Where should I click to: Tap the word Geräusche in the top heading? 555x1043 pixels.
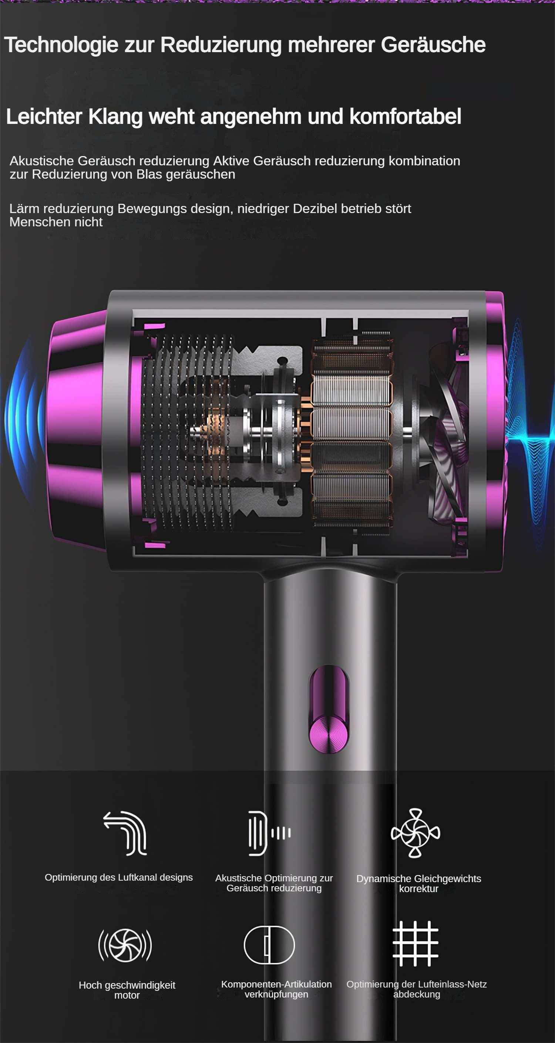[433, 44]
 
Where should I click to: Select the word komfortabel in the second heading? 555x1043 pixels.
[405, 117]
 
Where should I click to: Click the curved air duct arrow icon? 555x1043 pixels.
[125, 833]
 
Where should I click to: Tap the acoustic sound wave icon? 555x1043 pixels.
[269, 833]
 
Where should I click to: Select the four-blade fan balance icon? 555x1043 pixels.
[415, 833]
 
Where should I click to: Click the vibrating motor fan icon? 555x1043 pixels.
[125, 945]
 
